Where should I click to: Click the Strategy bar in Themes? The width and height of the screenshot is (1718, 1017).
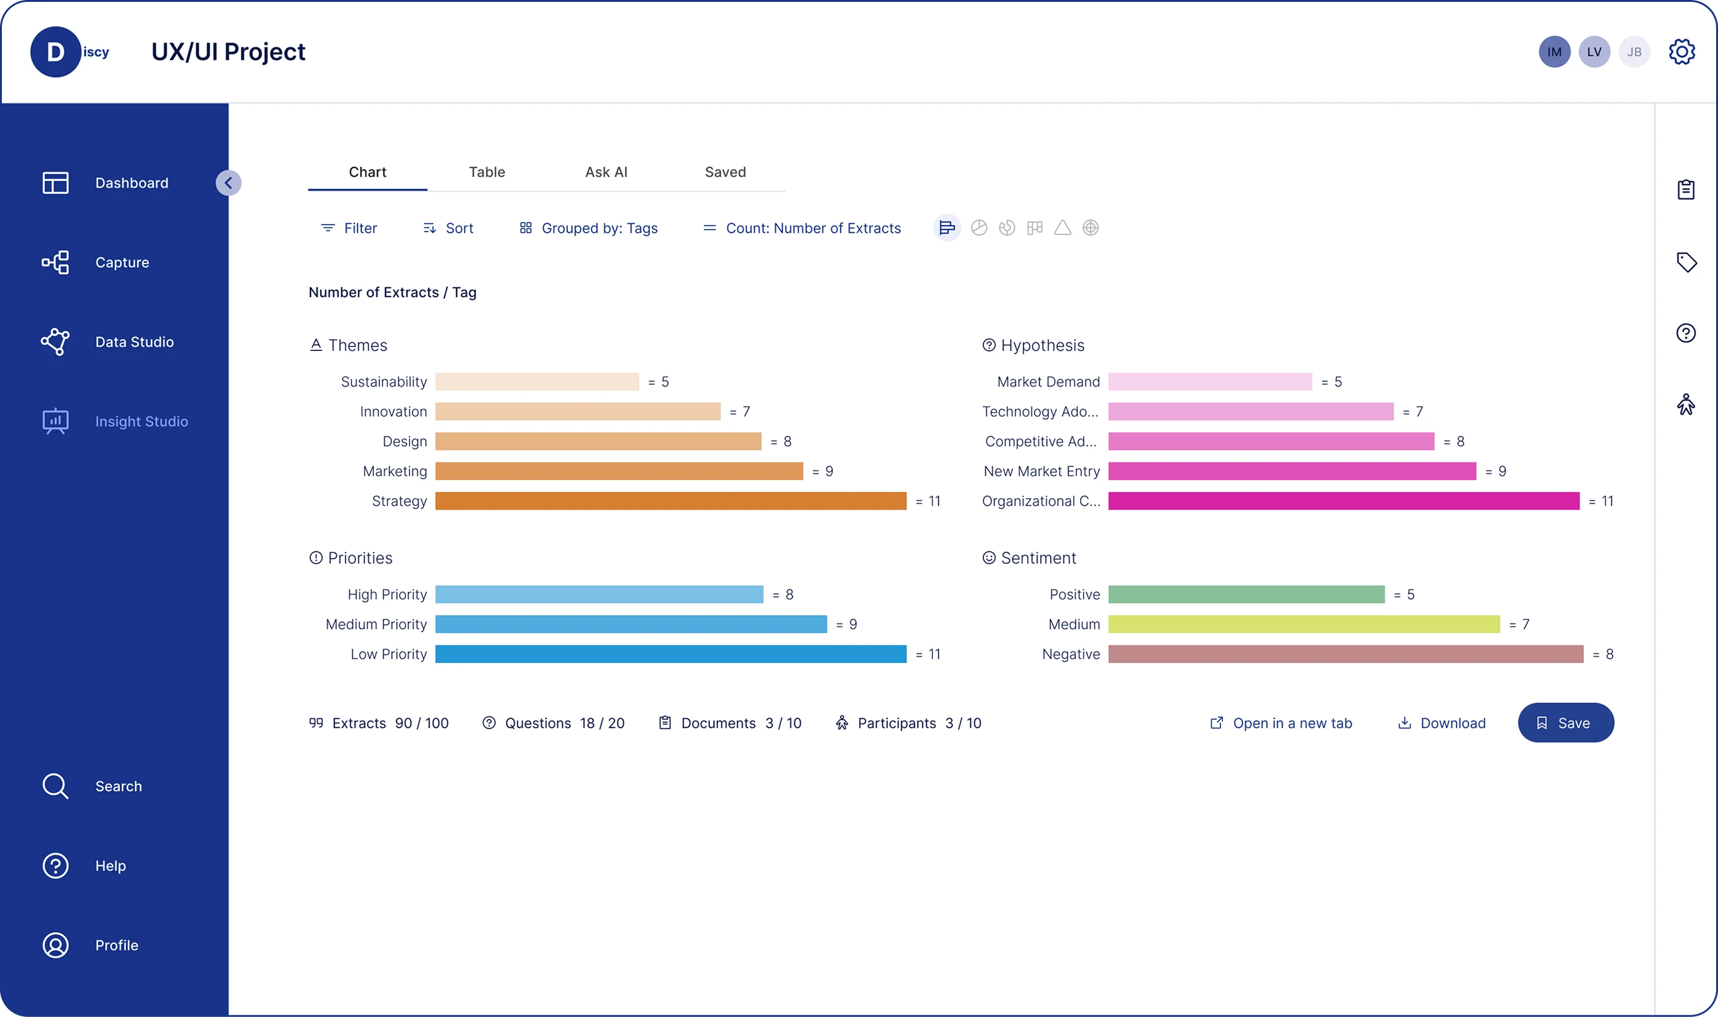pyautogui.click(x=670, y=501)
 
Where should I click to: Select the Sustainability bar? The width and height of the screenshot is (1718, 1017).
pyautogui.click(x=536, y=382)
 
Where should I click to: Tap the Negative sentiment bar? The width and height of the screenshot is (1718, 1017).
pyautogui.click(x=1345, y=654)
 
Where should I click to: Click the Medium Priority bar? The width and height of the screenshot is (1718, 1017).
pyautogui.click(x=631, y=624)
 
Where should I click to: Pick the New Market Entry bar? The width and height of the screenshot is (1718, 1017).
pyautogui.click(x=1291, y=472)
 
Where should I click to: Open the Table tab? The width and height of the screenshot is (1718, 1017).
pyautogui.click(x=486, y=172)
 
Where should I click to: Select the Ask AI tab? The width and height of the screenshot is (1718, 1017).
pyautogui.click(x=606, y=172)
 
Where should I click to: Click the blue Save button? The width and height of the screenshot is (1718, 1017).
pyautogui.click(x=1565, y=723)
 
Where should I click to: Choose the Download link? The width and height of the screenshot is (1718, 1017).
pyautogui.click(x=1442, y=723)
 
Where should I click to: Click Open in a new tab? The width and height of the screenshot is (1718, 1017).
pyautogui.click(x=1281, y=723)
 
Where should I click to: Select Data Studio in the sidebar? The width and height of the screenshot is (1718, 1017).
pyautogui.click(x=134, y=342)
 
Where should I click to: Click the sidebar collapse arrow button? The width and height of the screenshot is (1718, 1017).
pyautogui.click(x=228, y=183)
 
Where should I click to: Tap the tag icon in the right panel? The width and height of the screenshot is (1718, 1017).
pyautogui.click(x=1686, y=262)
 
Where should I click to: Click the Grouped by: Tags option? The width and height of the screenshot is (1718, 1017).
pyautogui.click(x=589, y=228)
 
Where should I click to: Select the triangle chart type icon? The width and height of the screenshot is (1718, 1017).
pyautogui.click(x=1062, y=228)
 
